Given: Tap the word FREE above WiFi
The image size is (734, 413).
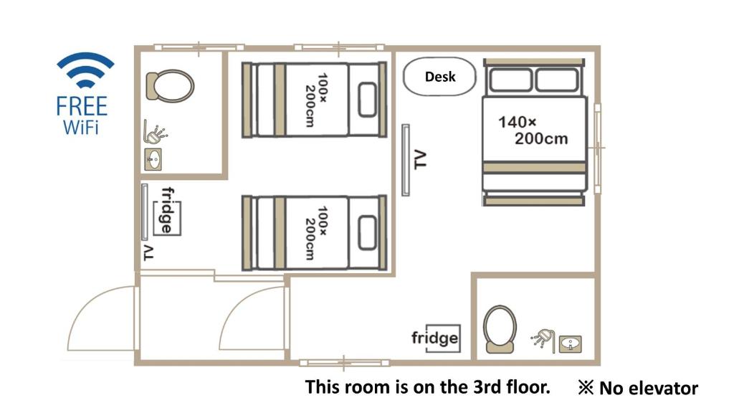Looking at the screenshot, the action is tap(82, 106).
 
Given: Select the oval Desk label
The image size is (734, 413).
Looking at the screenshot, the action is tap(439, 77).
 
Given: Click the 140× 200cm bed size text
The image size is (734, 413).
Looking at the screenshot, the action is tap(533, 130).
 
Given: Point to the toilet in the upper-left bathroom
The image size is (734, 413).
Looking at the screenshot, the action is tap(170, 86).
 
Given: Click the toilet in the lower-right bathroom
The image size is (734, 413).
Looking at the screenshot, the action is tap(500, 329).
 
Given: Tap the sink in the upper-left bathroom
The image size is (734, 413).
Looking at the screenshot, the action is tap(153, 159).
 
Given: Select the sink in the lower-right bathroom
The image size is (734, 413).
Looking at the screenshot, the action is tap(570, 344).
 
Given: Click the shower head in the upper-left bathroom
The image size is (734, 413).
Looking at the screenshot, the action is tap(156, 133).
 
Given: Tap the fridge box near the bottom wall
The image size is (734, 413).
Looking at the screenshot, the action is tap(436, 338).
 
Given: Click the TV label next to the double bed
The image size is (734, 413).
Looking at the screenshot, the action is tap(420, 159).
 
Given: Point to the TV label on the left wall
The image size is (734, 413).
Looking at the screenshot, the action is tap(148, 252).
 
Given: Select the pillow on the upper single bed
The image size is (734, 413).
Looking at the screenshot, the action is tap(368, 100).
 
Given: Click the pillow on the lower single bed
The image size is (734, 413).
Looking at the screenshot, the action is tap(368, 233).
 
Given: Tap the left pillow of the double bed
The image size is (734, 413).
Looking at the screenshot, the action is tap(510, 80).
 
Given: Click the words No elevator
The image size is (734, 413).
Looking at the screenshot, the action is tap(649, 388).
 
